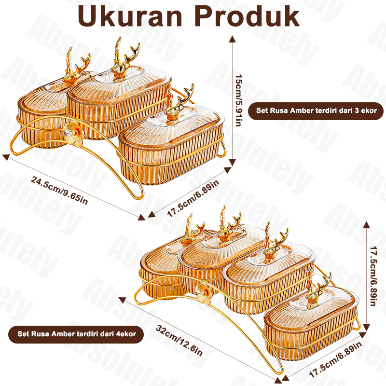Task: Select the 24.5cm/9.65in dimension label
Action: pos(59,189)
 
